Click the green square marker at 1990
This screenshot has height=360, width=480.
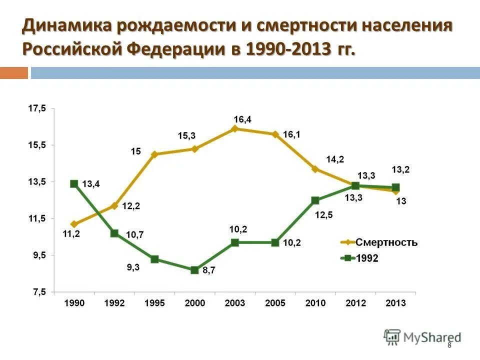coord(74,183)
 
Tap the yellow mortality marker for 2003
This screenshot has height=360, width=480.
coord(235,128)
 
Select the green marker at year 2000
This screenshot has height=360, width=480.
coord(195,270)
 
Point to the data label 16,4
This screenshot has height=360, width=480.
coord(242,119)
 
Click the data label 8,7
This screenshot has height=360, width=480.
coord(209,270)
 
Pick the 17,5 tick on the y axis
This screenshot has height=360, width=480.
coord(36,108)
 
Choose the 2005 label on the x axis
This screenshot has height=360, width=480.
coord(275,303)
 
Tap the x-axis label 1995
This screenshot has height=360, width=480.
coord(154,303)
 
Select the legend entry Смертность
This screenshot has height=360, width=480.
coord(386,242)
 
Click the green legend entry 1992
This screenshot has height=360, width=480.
coord(367,258)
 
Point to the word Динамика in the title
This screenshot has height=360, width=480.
coord(64,26)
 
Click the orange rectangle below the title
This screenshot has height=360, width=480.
coord(13,73)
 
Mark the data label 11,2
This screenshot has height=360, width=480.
coord(71,233)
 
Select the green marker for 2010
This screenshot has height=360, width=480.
coord(315,200)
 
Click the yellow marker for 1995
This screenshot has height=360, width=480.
coord(154,154)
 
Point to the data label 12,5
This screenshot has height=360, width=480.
coord(324,215)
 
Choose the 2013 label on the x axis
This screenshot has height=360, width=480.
coord(395,303)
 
